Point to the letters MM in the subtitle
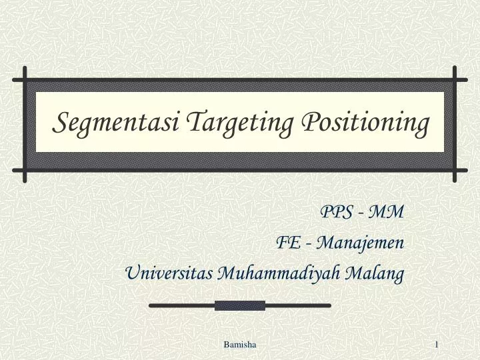[x=386, y=212]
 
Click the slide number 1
[x=436, y=343]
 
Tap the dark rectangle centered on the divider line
[x=240, y=305]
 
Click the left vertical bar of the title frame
[x=25, y=124]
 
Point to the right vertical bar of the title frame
[x=455, y=124]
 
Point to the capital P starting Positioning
[x=309, y=123]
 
